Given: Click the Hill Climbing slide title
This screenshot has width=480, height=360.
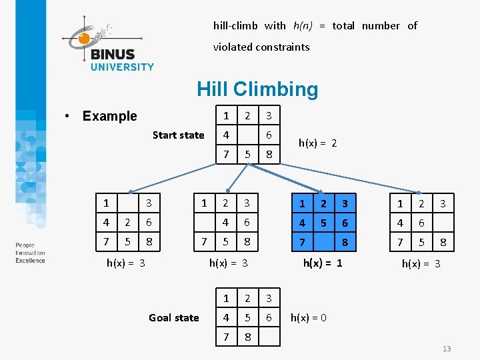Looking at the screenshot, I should point(257,89).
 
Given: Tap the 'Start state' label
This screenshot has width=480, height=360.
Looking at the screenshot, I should point(178,135).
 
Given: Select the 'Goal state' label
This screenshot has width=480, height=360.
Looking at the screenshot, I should point(173,318).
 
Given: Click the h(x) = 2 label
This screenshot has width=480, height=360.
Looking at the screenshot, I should point(317,143).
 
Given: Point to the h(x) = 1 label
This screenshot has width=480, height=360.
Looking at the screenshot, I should point(323,263).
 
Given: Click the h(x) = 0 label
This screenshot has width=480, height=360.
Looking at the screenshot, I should point(308,318).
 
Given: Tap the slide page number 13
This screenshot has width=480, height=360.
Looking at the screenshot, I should point(447,349).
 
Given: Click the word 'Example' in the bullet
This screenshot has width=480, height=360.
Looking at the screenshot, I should point(109,116).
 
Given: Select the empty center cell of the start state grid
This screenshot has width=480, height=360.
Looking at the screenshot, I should point(247,135).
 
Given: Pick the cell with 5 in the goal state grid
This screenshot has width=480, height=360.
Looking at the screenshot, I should point(247,318).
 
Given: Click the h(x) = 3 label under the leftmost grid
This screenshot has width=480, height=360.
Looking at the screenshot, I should point(126,263).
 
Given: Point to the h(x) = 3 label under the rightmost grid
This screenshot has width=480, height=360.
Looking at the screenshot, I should point(421,264).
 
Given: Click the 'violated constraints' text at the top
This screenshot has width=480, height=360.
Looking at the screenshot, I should point(261,47).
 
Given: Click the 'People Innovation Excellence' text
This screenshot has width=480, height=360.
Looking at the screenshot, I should point(30,253).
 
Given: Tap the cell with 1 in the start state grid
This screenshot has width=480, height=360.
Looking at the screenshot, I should point(226,115).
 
